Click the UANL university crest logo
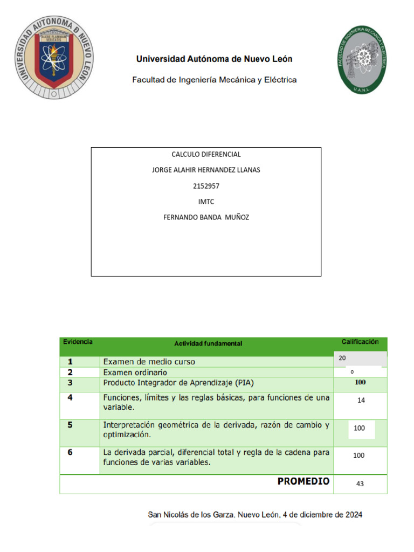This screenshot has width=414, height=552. point(54,59)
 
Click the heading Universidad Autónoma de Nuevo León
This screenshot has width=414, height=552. point(214,59)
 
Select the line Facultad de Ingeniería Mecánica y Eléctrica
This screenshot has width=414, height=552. point(214,80)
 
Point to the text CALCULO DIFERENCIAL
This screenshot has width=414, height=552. point(206,154)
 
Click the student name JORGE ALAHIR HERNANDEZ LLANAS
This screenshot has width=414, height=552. point(206,170)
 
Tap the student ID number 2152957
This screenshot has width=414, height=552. point(206,186)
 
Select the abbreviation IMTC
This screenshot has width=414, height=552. point(206,202)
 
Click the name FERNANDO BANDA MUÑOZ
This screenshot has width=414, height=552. point(206,217)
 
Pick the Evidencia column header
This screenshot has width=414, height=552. point(78,342)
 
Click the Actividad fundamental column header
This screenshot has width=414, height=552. point(208,343)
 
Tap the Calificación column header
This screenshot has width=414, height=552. point(360,342)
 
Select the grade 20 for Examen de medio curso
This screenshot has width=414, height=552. point(342,358)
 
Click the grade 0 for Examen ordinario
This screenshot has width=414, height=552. point(352,372)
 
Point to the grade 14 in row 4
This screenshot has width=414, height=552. point(361,401)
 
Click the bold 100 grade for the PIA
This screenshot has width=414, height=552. point(360,383)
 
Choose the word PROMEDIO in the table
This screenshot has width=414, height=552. point(303,481)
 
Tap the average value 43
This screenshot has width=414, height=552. point(360,484)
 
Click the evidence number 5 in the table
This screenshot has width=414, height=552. point(70,425)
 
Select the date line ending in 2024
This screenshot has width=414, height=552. point(255,515)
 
